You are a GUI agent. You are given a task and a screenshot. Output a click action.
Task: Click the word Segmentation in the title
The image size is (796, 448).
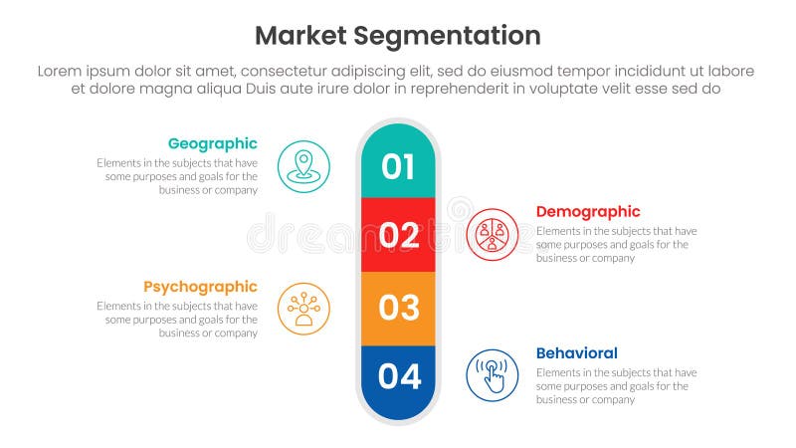(449, 36)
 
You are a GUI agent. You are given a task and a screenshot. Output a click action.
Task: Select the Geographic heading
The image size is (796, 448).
(212, 143)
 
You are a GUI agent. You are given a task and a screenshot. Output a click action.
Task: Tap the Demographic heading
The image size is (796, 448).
(588, 211)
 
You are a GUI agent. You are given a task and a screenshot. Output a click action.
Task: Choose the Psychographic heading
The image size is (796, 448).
(200, 287)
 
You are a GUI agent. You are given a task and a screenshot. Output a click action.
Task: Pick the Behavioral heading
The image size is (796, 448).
(576, 352)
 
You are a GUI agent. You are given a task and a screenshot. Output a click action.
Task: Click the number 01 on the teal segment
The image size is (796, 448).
(398, 166)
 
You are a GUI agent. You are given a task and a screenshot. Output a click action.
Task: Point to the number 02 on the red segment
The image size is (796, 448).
(399, 235)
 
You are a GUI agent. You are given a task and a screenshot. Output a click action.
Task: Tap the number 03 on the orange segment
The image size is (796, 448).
(399, 308)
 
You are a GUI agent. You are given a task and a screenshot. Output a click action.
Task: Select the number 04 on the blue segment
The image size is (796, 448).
(399, 376)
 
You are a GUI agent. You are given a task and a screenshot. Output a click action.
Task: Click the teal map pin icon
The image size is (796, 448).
(303, 166)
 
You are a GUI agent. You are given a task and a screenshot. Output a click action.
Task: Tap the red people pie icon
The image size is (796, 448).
(492, 234)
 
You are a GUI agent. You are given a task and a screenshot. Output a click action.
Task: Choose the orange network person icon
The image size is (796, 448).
(303, 309)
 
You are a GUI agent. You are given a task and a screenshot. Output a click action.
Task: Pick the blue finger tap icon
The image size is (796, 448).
(492, 375)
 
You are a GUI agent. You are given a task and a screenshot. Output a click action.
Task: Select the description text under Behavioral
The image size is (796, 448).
(615, 386)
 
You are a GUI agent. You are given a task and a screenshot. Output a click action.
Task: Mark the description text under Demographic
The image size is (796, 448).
(615, 244)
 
